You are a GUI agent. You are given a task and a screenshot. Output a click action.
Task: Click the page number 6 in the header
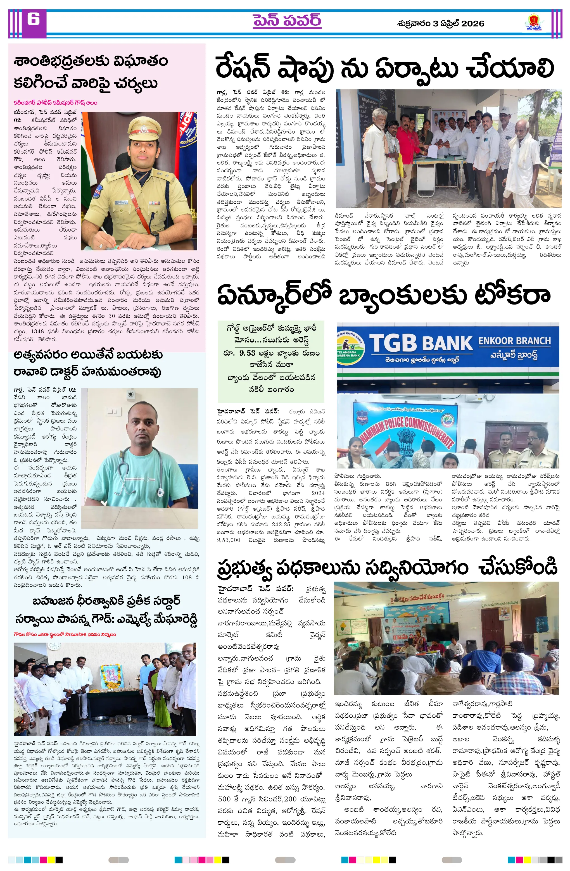[33, 19]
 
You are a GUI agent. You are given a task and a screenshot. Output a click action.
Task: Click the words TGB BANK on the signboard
[421, 343]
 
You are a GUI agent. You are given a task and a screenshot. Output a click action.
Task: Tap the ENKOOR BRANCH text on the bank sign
[514, 341]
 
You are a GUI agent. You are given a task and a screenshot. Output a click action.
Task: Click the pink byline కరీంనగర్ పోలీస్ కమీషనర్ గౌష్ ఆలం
[55, 103]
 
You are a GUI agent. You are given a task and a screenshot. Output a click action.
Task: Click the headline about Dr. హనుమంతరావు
[88, 363]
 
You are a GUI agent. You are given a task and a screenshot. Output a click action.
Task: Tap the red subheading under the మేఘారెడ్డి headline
[65, 634]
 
